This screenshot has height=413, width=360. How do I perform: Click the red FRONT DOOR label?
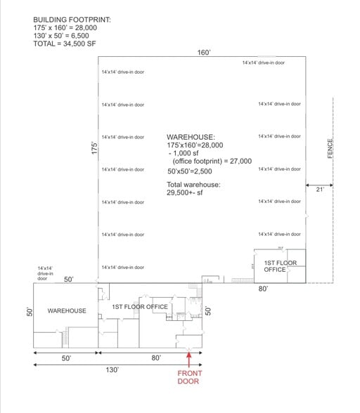point(188,377)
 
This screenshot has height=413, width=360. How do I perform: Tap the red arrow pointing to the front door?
point(188,358)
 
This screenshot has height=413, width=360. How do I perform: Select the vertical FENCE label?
point(330,147)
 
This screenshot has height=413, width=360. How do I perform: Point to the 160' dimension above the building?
point(204,53)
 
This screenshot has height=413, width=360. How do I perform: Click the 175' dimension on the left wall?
point(94,150)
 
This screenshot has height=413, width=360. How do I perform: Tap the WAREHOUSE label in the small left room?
point(67,310)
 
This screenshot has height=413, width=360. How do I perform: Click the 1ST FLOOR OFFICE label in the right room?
point(280,266)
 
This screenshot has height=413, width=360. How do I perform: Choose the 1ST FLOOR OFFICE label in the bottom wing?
point(140,307)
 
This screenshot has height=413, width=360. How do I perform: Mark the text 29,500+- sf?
point(187,192)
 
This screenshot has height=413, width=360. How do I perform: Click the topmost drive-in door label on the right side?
point(264,63)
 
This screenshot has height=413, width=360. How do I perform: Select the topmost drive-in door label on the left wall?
point(123,72)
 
